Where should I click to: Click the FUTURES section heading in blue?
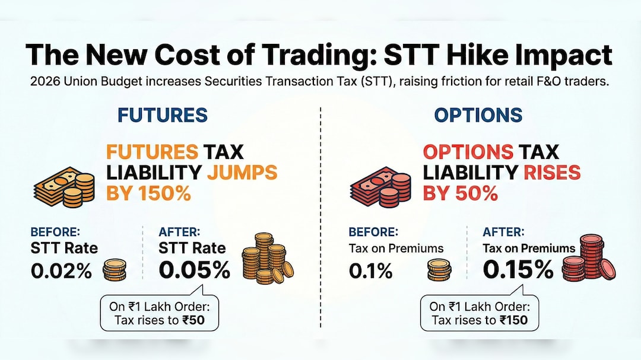click(162, 114)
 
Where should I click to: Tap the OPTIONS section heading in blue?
click(478, 114)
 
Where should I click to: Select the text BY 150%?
click(148, 194)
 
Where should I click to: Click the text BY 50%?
click(460, 194)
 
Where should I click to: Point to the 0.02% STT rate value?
click(62, 271)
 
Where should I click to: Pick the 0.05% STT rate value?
click(195, 270)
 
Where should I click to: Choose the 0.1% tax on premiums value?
click(370, 271)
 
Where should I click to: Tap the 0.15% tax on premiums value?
click(518, 270)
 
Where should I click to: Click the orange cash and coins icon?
click(64, 186)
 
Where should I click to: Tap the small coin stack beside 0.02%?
click(115, 270)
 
